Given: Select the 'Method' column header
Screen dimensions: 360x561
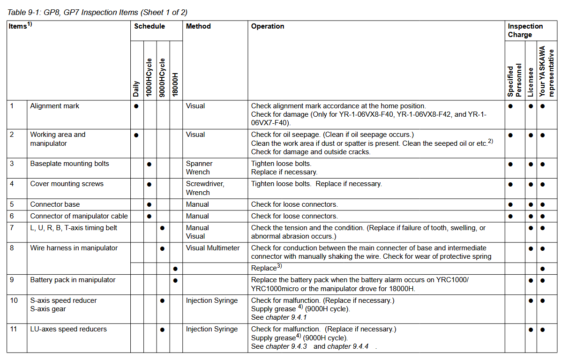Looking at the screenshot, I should tap(198, 26).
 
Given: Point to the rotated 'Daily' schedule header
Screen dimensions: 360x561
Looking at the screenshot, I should tap(136, 89).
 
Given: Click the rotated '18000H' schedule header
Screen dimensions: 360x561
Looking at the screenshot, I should tap(175, 84).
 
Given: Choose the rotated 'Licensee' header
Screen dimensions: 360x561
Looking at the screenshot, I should tap(531, 82).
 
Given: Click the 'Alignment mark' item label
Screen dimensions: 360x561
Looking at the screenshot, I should tap(55, 106).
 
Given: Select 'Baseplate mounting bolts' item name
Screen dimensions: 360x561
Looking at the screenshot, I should tap(69, 164).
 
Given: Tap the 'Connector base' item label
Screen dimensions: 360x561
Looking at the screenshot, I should tap(55, 204).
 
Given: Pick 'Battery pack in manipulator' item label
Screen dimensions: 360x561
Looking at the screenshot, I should tap(73, 280).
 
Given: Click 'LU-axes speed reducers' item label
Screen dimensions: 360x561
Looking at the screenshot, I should tap(68, 329).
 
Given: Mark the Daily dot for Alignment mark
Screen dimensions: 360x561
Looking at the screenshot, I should tap(136, 106).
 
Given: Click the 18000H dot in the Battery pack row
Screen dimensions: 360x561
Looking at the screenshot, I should tap(175, 280).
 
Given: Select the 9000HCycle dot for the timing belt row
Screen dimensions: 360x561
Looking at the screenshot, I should tap(162, 228).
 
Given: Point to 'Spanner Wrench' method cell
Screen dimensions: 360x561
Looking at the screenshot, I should tap(199, 168).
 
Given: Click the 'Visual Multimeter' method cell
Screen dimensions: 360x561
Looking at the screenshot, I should tap(212, 248).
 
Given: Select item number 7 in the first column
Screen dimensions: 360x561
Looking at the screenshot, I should tap(12, 228).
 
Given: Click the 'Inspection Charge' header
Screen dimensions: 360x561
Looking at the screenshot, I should tap(525, 30).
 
